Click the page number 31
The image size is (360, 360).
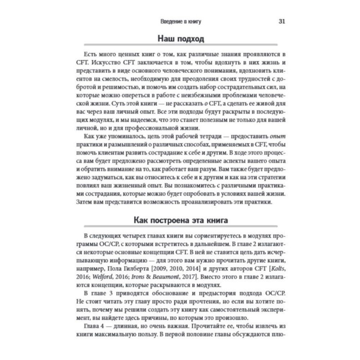pos(282,21)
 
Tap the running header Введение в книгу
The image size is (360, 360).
pos(180,22)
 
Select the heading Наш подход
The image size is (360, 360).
pos(180,38)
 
